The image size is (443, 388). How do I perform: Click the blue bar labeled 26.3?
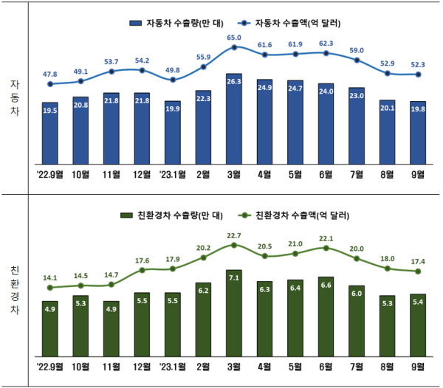pyautogui.click(x=234, y=119)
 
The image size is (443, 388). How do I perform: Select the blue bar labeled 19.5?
pyautogui.click(x=50, y=134)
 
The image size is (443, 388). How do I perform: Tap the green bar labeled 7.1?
pyautogui.click(x=234, y=313)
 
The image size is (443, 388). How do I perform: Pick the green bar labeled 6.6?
pyautogui.click(x=326, y=316)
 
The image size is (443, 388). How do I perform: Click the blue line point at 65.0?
pyautogui.click(x=234, y=47)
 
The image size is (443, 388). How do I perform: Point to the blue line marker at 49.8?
pyautogui.click(x=173, y=80)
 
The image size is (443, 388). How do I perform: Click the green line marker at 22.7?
pyautogui.click(x=234, y=245)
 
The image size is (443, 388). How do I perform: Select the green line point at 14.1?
pyautogui.click(x=50, y=288)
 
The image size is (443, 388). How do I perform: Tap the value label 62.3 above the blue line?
pyautogui.click(x=326, y=44)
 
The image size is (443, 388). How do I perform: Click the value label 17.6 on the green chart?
pyautogui.click(x=142, y=260)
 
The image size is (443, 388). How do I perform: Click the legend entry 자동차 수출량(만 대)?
pyautogui.click(x=176, y=23)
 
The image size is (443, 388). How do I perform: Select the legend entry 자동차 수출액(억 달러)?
pyautogui.click(x=289, y=23)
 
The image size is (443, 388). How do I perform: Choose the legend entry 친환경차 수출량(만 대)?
pyautogui.click(x=171, y=215)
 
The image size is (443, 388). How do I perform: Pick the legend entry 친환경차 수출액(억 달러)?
pyautogui.click(x=294, y=215)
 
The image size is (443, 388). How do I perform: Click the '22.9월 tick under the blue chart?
pyautogui.click(x=50, y=174)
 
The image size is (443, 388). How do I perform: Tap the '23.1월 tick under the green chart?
pyautogui.click(x=173, y=367)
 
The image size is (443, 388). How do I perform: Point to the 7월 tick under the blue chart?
pyautogui.click(x=357, y=174)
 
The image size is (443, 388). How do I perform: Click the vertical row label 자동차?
pyautogui.click(x=15, y=97)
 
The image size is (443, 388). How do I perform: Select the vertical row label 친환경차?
pyautogui.click(x=15, y=291)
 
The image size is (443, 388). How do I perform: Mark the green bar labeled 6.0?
pyautogui.click(x=357, y=321)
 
